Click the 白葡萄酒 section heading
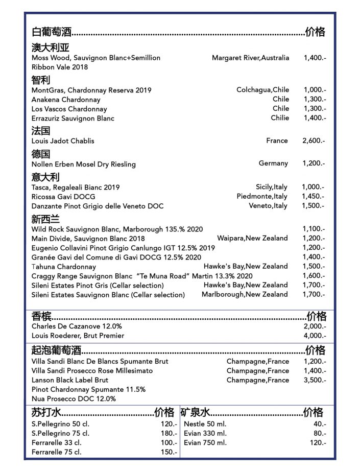coord(51,33)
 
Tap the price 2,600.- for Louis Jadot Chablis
coord(313,140)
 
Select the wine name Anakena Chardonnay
coord(66,100)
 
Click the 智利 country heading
coord(40,80)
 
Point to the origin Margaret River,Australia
coord(250,58)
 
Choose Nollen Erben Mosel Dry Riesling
coord(84,164)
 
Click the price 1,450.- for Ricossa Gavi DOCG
coord(313,197)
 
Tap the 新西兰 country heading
coord(45,220)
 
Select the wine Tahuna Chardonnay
coord(63,267)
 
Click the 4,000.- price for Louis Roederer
coord(315,336)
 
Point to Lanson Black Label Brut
coord(70,380)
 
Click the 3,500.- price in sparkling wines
coord(315,380)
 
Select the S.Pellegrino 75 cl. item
coord(60,434)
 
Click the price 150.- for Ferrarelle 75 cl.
coord(169,452)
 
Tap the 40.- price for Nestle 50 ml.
coord(320,424)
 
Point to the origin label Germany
coord(273,163)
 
